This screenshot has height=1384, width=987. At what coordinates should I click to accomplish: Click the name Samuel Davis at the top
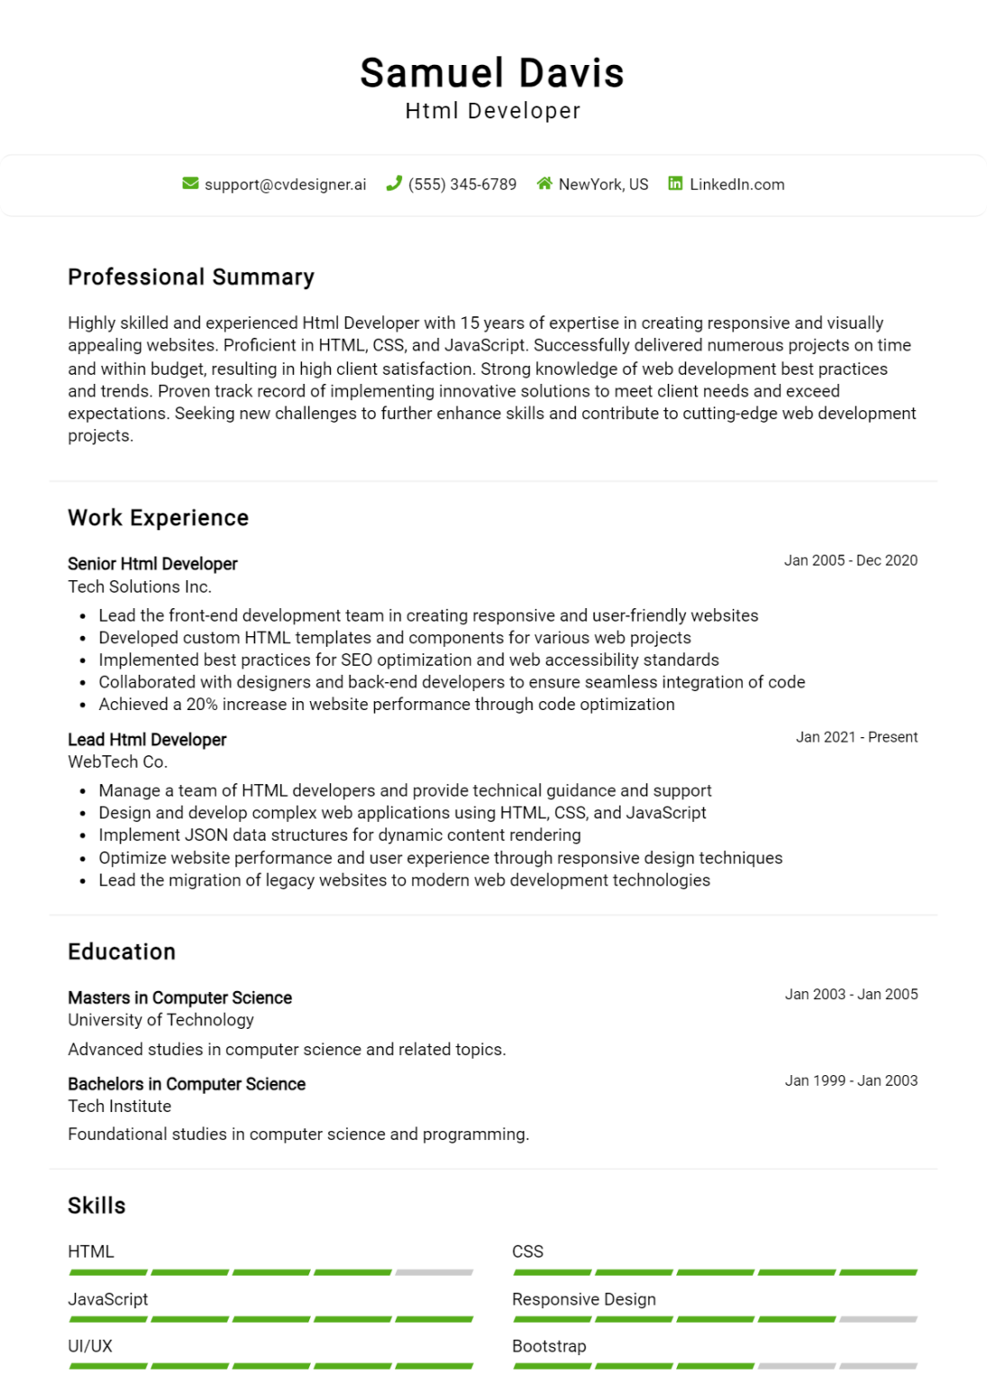coord(492,73)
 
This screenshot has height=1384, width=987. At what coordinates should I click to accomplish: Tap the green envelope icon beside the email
coord(190,184)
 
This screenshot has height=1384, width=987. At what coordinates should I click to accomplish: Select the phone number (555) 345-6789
coord(462,185)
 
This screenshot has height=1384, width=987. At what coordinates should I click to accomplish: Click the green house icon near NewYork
coord(544,184)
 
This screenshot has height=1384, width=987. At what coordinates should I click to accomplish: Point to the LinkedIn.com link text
coord(736,185)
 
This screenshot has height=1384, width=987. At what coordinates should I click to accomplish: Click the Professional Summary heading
coord(191,277)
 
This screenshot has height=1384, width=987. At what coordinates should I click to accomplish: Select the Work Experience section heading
coord(158,518)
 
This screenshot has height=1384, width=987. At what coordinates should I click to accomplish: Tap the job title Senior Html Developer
coord(152,564)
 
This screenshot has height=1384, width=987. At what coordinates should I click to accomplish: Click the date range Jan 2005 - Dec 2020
coord(850,560)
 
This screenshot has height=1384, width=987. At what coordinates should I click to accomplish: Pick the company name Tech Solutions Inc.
coord(140,587)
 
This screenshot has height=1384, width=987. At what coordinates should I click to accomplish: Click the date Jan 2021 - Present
coord(856,737)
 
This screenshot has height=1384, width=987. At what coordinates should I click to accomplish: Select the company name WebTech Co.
coord(117,761)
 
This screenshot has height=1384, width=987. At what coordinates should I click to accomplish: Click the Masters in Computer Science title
coord(179,997)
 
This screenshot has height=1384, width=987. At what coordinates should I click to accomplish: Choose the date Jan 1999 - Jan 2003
coord(851,1080)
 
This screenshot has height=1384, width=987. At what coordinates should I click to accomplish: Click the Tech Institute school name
coord(119,1106)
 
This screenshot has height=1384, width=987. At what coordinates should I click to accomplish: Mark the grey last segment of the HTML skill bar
coord(434,1272)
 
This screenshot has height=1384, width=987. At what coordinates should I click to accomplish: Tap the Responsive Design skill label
coord(583,1299)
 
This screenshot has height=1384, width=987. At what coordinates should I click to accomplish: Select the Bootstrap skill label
coord(549,1346)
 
